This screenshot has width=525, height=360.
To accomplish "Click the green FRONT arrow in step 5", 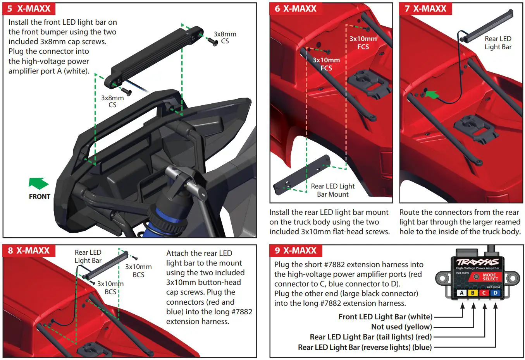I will point(38,183).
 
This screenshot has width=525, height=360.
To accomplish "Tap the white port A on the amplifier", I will point(461,293).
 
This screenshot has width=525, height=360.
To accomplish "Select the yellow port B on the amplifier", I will point(473,293).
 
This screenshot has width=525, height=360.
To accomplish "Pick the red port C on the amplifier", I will point(484,293).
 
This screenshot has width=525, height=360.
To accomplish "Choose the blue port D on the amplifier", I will point(495,293).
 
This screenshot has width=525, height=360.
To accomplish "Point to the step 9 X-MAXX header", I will point(295,250).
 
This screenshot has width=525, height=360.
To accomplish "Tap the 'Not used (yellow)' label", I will point(401,327).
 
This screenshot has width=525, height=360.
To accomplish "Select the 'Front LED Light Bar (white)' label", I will point(385,317).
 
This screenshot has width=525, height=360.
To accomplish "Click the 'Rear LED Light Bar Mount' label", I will point(332,190).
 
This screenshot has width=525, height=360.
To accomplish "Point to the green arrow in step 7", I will point(432,94).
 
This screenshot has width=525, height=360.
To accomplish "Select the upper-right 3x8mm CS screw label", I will point(225,38).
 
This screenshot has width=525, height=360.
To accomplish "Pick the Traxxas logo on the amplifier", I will point(477,262).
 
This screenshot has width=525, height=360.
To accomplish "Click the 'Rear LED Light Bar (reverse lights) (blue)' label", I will point(365,347).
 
